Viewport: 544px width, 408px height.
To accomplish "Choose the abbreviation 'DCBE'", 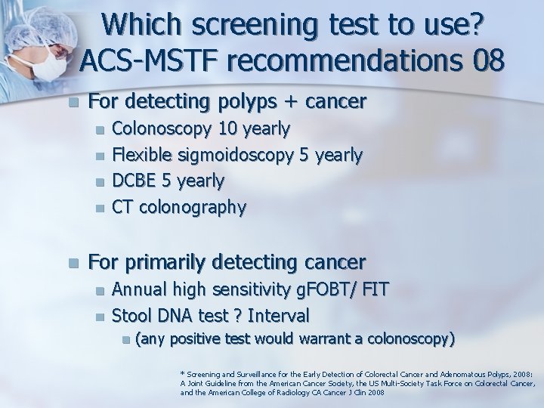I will point(134,181).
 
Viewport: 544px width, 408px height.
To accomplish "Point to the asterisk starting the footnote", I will point(181,372).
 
